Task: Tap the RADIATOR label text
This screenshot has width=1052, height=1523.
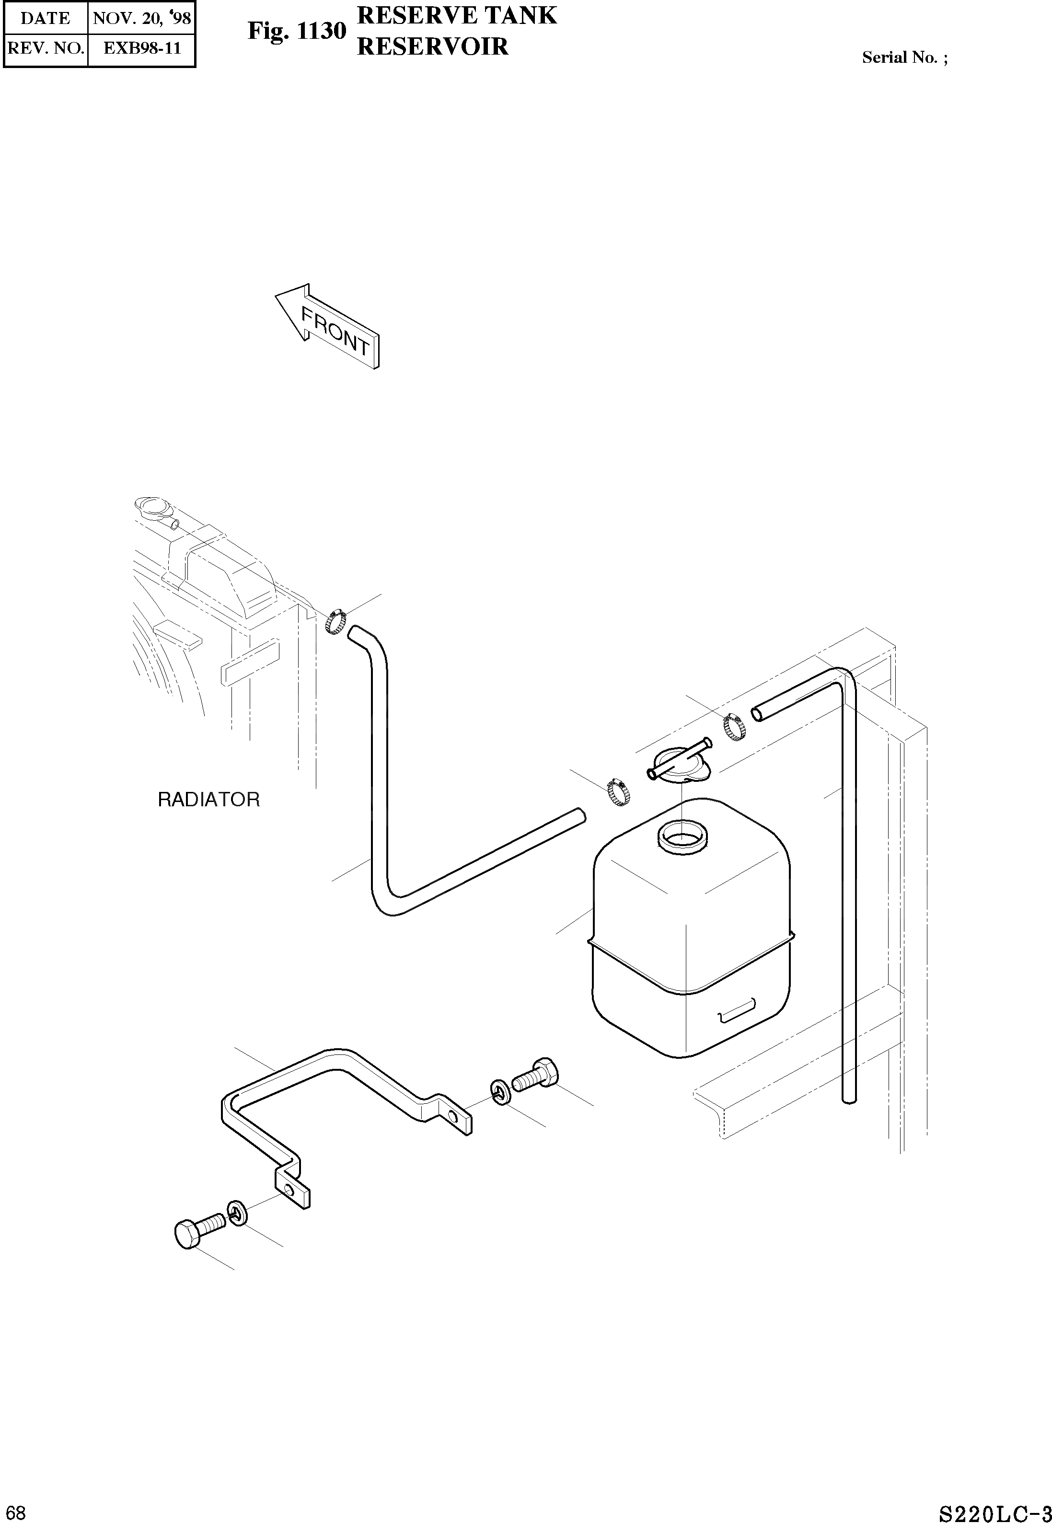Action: pyautogui.click(x=208, y=800)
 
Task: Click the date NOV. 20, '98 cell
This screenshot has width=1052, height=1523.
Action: pyautogui.click(x=142, y=18)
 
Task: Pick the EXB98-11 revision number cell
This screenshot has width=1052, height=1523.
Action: pyautogui.click(x=142, y=48)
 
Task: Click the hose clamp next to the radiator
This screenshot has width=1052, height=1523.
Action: pyautogui.click(x=335, y=620)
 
